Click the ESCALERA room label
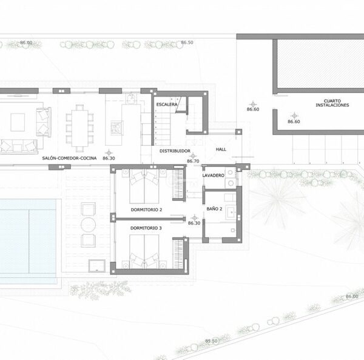pos(167,104)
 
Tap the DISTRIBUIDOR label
pos(175,151)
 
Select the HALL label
pos(221,149)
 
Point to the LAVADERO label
pos(213,175)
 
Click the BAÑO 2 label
pos(214,209)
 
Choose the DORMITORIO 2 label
pos(146,209)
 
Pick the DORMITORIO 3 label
pos(146,228)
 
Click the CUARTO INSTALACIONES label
pos(332,103)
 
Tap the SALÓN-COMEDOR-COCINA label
pos(69,158)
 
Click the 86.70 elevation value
pos(193,161)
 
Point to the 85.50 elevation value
pos(211,341)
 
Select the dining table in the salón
pos(79,128)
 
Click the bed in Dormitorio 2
pos(144,186)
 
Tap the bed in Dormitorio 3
pos(144,251)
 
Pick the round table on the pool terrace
pos(88,225)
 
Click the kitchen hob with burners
pos(116,128)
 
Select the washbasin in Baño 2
pos(231,212)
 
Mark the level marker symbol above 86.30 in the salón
pos(109,153)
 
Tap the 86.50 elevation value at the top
pos(187,42)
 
